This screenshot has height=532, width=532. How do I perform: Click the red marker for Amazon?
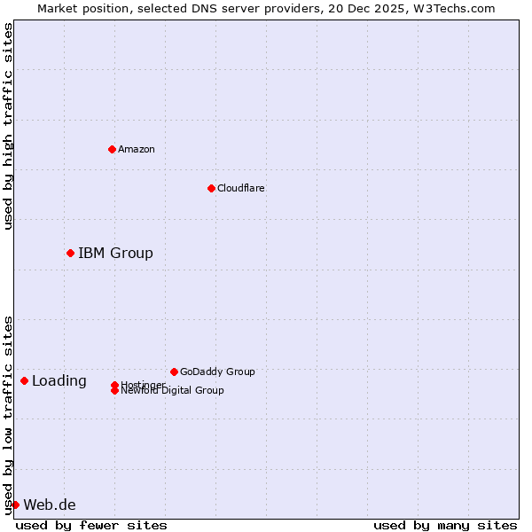point(112,149)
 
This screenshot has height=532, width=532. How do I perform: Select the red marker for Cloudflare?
point(211,188)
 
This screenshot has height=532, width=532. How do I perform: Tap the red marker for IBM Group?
point(70,254)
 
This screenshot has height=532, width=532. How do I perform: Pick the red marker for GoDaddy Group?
point(174,372)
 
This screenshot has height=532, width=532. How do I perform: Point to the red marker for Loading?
point(24,381)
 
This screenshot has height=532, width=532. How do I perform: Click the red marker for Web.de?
point(15,505)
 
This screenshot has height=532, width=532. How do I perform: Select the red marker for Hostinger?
point(114,385)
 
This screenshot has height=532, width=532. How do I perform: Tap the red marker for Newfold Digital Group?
point(114,391)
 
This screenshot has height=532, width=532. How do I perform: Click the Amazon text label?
point(137,149)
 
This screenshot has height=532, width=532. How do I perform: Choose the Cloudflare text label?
point(241,188)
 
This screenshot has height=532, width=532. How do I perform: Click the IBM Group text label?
point(115,254)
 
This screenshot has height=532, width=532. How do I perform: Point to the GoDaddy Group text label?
point(217,372)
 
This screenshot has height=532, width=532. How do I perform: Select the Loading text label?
point(59,381)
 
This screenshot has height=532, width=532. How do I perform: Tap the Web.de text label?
point(50,505)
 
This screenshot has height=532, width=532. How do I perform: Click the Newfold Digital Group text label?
point(173,391)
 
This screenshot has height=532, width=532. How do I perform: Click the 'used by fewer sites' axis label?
point(91,525)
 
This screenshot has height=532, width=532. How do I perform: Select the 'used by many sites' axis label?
point(445,525)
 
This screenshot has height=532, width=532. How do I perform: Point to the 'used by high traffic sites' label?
point(8,126)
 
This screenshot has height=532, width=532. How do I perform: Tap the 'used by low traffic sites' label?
point(8,415)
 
